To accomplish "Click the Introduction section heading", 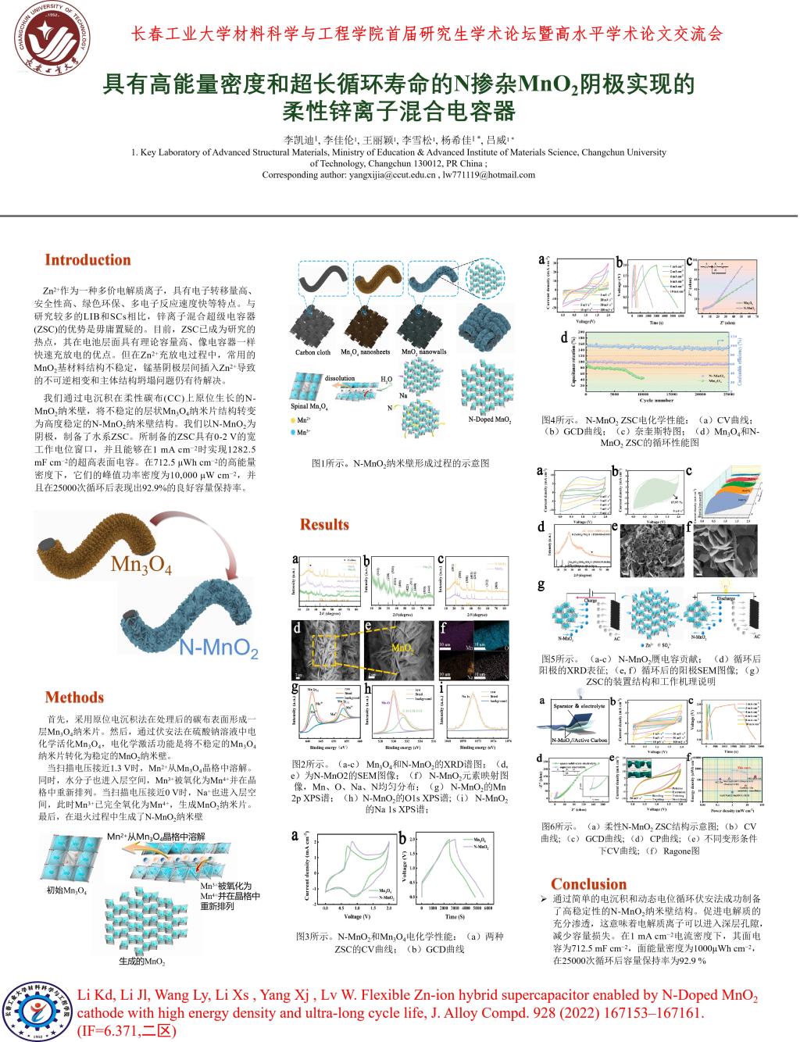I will [87, 260].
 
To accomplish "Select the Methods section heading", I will [74, 698].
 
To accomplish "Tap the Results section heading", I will [324, 524].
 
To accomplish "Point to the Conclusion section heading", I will [589, 883].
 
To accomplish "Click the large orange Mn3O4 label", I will [141, 564].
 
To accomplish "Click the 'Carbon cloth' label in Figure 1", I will [312, 352].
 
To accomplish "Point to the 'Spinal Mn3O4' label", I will [309, 407].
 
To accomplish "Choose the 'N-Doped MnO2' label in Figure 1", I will [490, 419].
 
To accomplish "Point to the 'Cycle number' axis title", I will [658, 401].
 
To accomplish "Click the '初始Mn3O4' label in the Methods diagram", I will [67, 890].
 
